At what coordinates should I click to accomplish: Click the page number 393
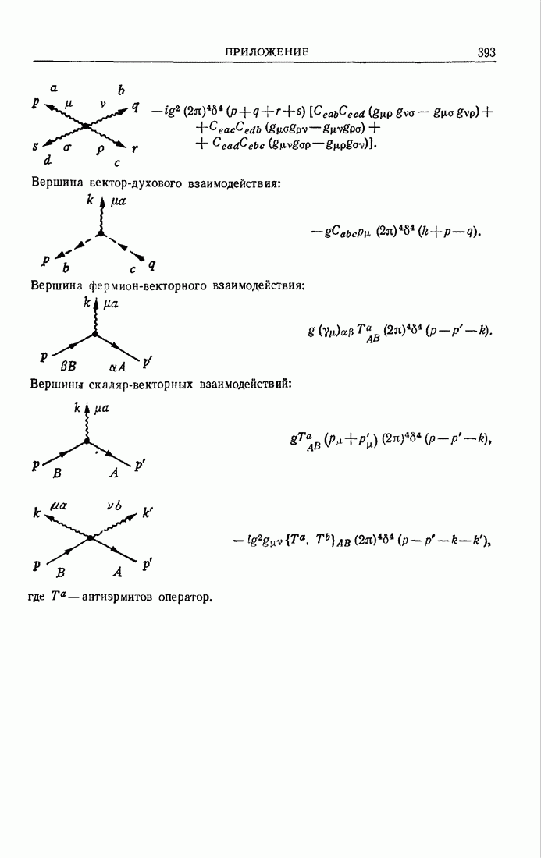[486, 52]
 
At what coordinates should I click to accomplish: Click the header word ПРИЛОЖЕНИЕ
[266, 52]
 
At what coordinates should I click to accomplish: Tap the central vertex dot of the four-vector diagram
[85, 126]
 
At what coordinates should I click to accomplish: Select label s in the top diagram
[36, 146]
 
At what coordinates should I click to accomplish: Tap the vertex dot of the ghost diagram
[100, 232]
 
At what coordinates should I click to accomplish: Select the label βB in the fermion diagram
[70, 365]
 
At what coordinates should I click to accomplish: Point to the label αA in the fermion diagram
[117, 365]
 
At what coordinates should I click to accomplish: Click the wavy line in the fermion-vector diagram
[95, 317]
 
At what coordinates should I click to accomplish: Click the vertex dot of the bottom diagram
[91, 537]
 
